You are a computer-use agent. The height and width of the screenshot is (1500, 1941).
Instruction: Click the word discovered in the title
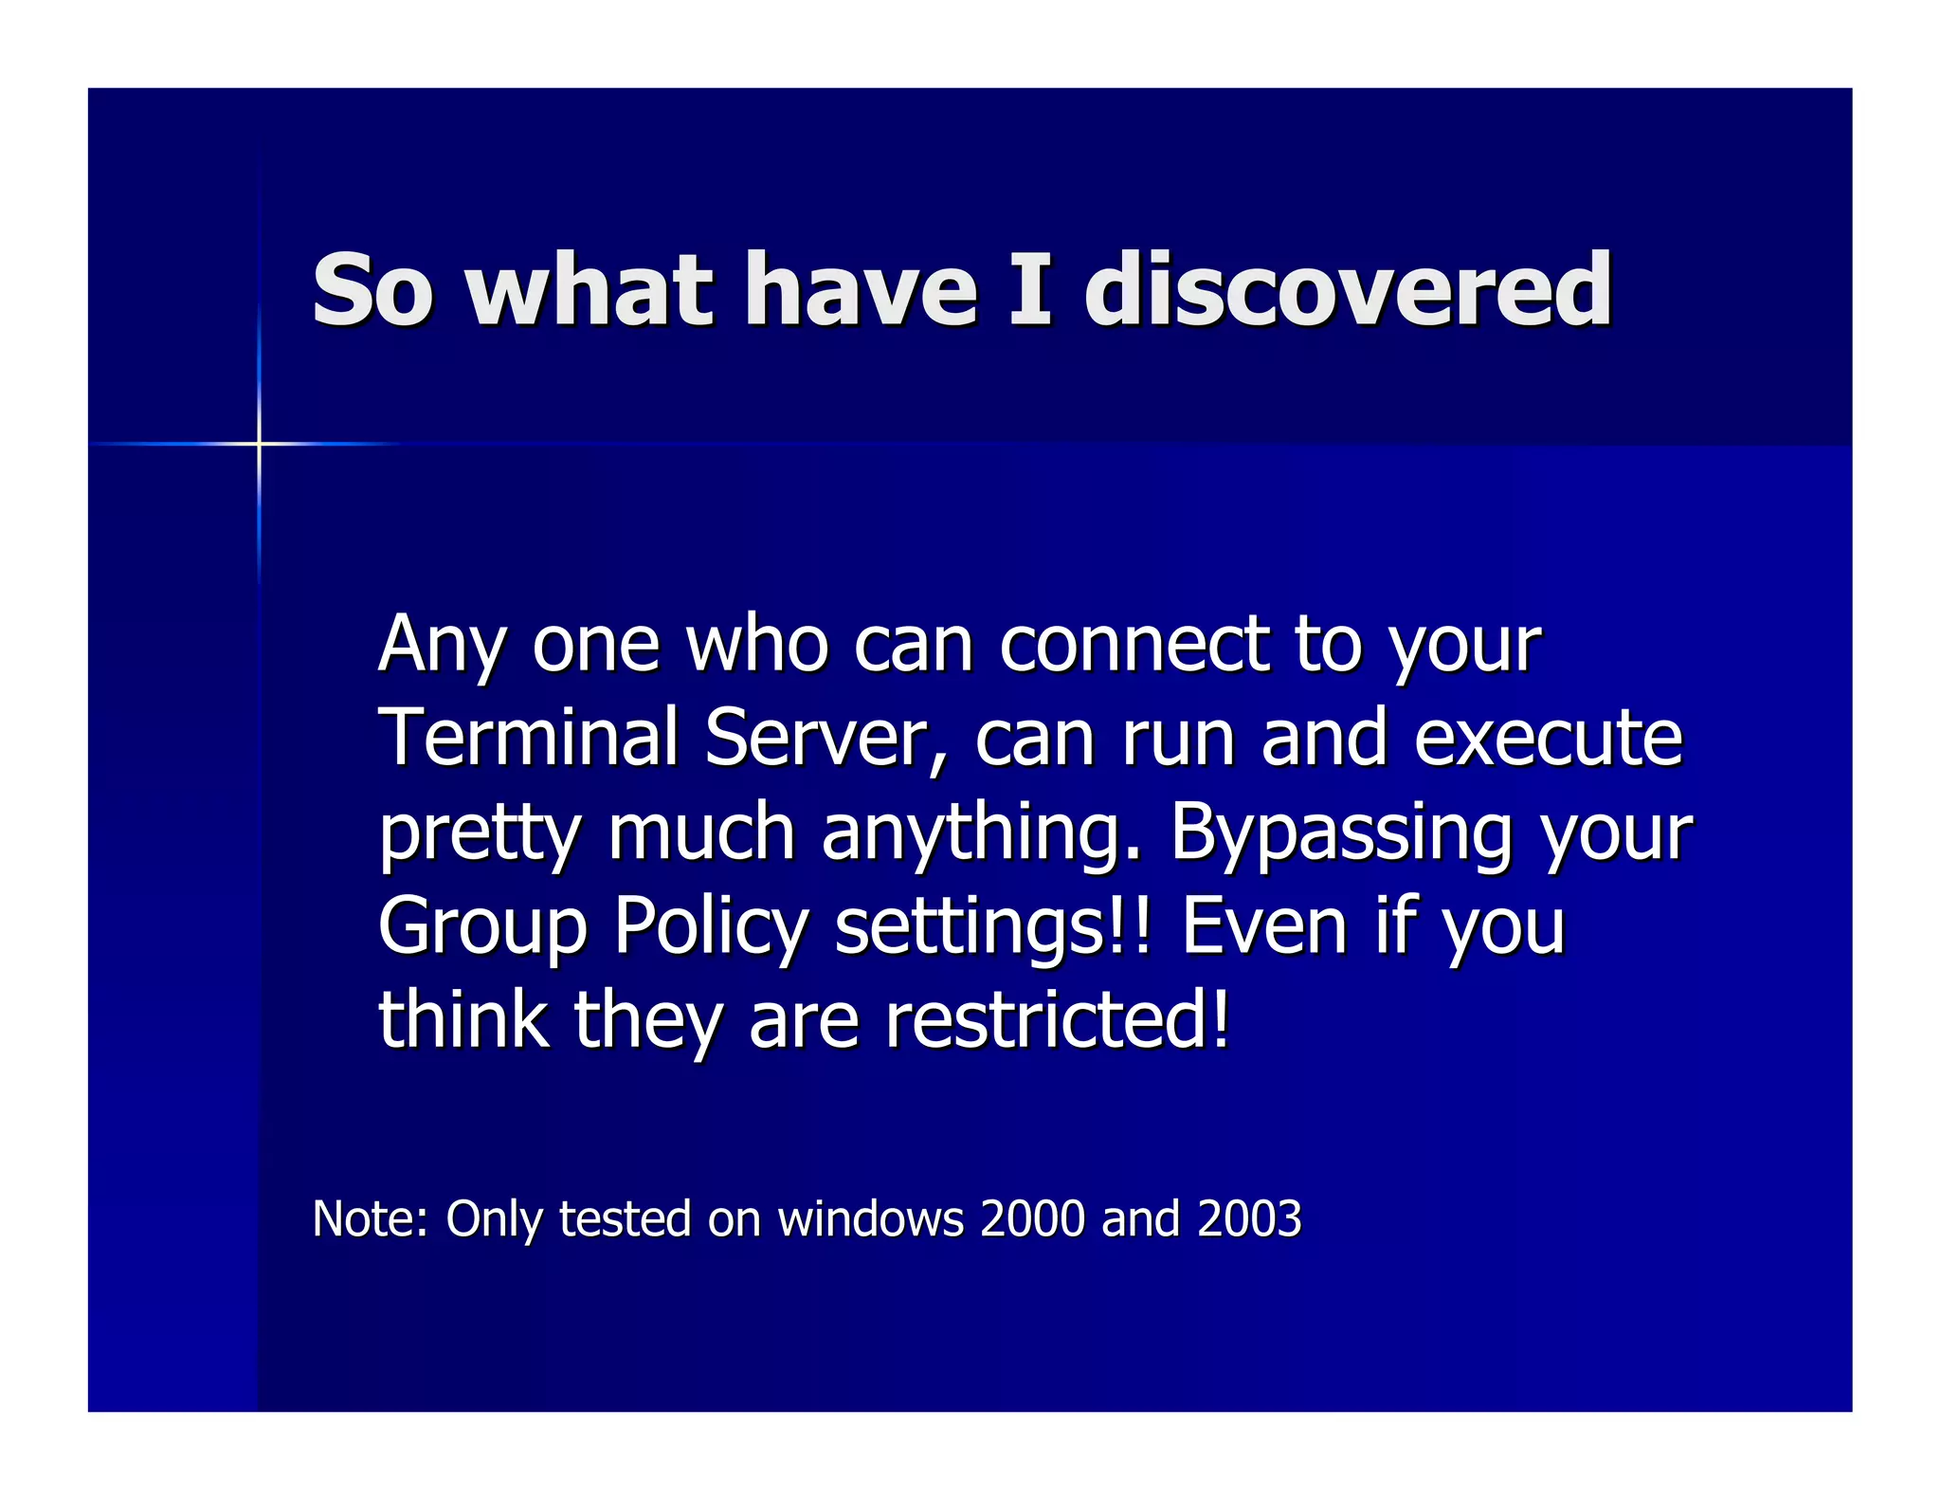click(x=1347, y=290)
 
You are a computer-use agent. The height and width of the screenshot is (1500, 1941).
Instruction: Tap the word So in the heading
click(x=372, y=290)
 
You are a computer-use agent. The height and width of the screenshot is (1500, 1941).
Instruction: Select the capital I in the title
click(x=1030, y=290)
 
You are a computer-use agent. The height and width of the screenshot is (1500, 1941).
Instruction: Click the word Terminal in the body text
click(x=528, y=738)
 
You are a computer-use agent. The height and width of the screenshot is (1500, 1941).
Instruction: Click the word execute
click(x=1548, y=738)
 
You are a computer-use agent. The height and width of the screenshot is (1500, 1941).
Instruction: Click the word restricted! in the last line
click(x=1057, y=1020)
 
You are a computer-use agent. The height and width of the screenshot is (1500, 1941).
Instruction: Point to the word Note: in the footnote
click(x=371, y=1218)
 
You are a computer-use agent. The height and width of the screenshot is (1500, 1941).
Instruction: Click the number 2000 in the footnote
click(x=1032, y=1218)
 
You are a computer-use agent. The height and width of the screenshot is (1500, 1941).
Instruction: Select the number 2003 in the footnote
click(x=1249, y=1218)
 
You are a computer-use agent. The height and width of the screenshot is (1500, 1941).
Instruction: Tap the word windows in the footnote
click(x=870, y=1218)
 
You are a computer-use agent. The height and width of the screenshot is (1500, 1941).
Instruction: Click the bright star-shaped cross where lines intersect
click(x=259, y=443)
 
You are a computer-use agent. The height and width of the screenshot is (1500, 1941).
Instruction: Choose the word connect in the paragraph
click(x=1134, y=645)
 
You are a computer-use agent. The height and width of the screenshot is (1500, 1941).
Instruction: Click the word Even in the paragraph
click(x=1266, y=927)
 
